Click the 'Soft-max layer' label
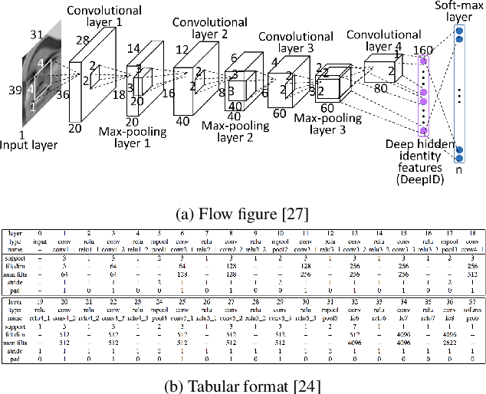pos(460,10)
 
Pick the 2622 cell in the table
pos(450,343)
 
